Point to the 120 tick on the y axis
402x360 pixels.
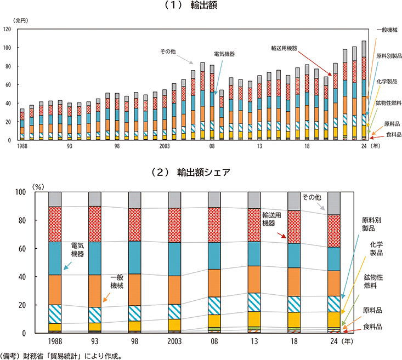[7, 29]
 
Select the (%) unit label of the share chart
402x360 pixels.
[38, 186]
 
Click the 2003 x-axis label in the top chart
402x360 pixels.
[165, 146]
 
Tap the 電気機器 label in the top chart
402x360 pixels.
[224, 54]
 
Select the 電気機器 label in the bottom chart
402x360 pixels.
[77, 250]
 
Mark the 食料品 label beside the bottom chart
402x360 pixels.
[375, 327]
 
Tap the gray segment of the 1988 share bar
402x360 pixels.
[55, 199]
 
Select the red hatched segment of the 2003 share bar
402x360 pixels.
[174, 225]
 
